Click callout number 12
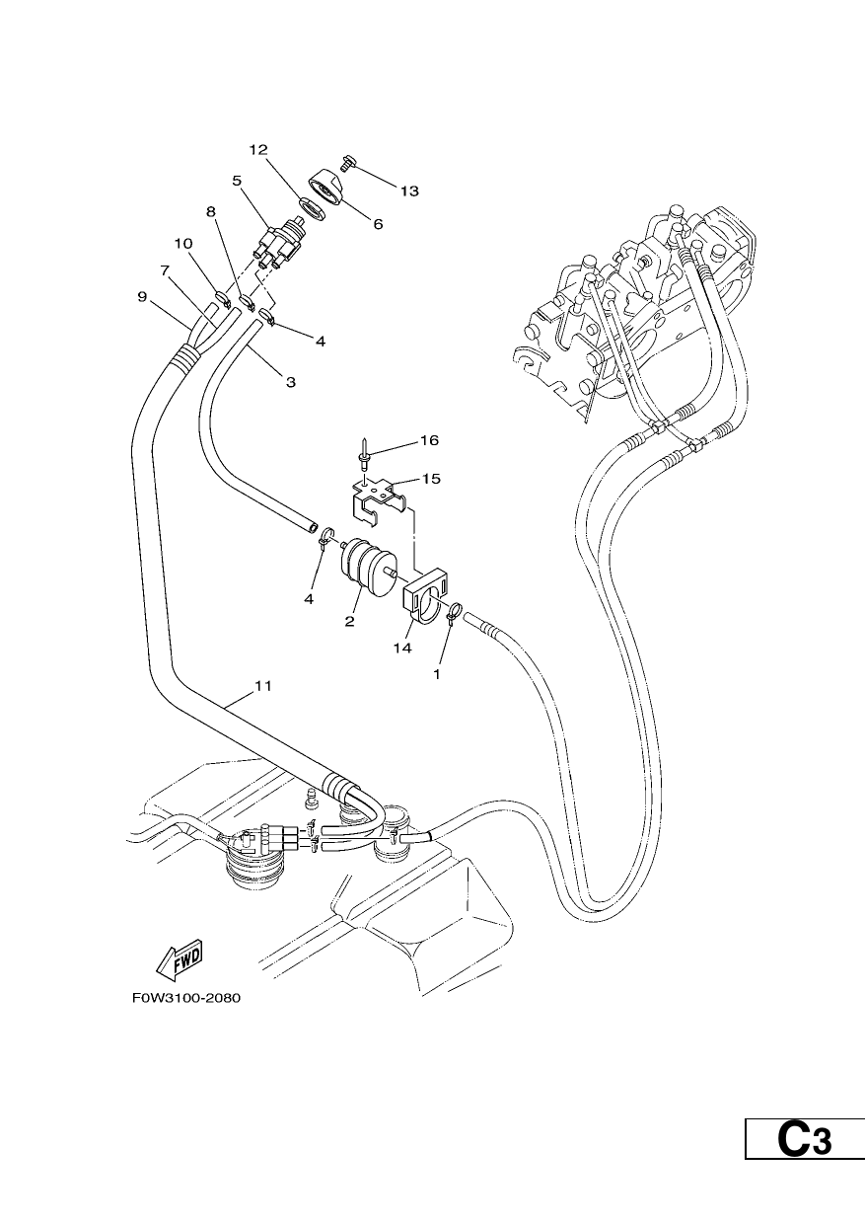[258, 150]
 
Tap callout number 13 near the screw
[409, 191]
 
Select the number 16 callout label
[430, 440]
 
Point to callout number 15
[431, 479]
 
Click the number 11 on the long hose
[263, 686]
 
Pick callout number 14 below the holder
[403, 649]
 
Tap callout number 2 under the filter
[349, 621]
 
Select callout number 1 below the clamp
[436, 675]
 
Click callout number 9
[143, 297]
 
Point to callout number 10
[184, 244]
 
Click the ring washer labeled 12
[313, 208]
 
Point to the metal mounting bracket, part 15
[378, 500]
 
